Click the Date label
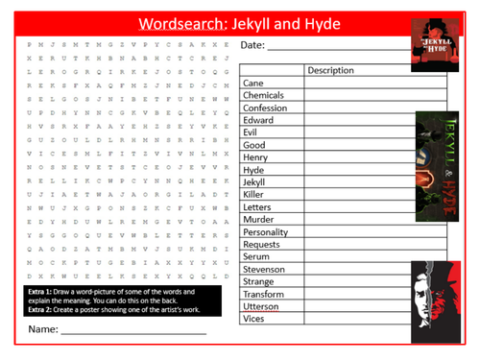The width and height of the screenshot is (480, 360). [x=252, y=45]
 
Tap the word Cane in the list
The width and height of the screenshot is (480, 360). [x=254, y=84]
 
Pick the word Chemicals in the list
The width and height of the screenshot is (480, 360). [x=265, y=96]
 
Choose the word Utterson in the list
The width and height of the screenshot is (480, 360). [x=264, y=306]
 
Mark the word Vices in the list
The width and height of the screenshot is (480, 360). [x=255, y=319]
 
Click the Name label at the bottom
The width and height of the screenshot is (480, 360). [x=40, y=329]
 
